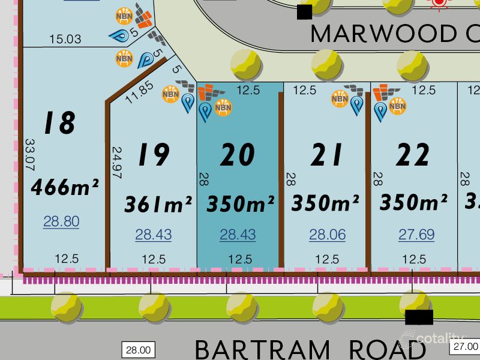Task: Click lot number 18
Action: [59, 124]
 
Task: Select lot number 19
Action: [152, 155]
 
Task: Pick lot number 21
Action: [326, 155]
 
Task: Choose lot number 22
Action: [413, 155]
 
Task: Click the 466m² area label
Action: [65, 188]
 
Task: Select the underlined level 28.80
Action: [61, 221]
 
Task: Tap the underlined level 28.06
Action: [328, 235]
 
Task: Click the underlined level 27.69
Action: [416, 235]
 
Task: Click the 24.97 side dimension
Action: [117, 163]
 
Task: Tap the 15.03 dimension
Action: [65, 39]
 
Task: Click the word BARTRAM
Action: [262, 349]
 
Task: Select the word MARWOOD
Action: [385, 34]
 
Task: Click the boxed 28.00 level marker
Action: [139, 349]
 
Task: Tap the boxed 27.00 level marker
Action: [466, 347]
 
